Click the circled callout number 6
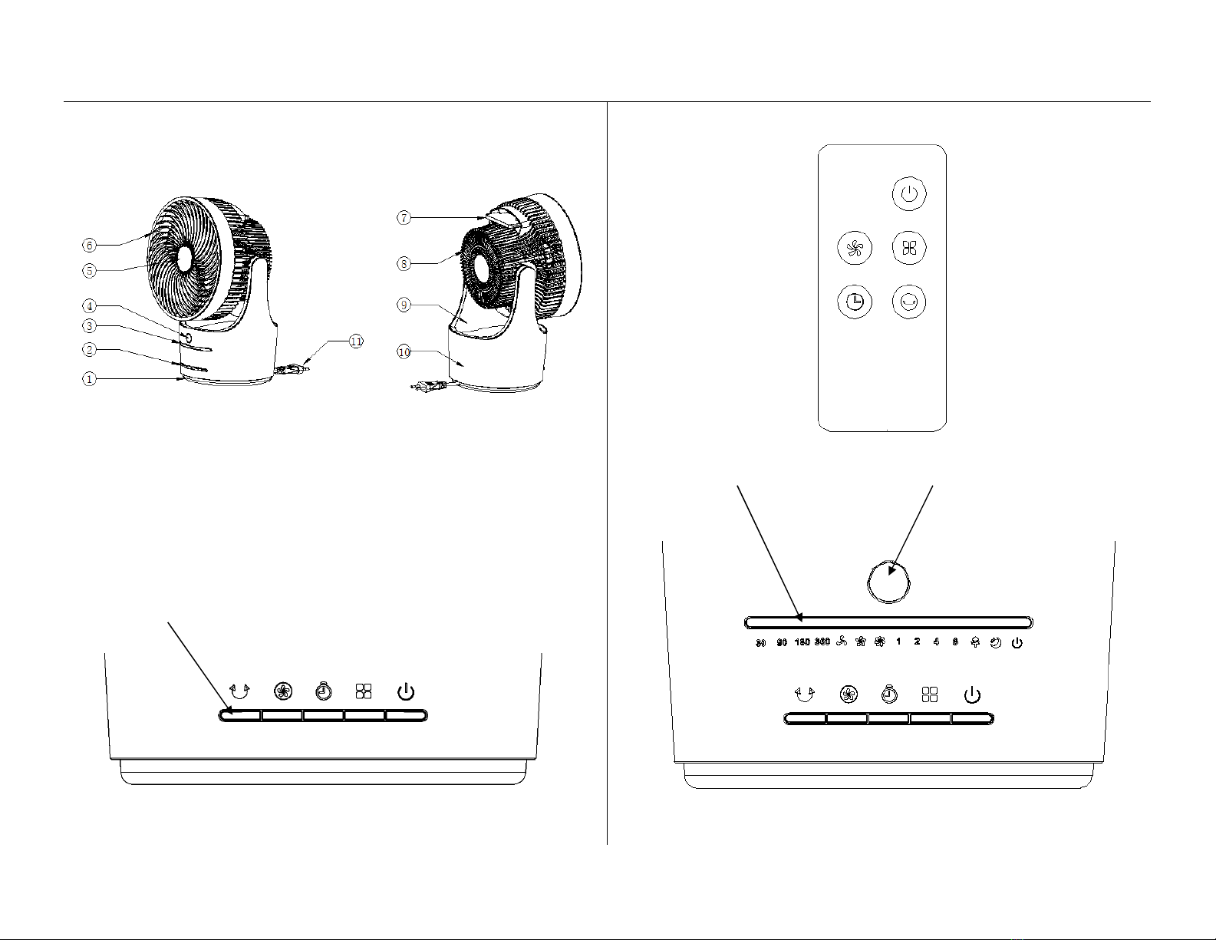(90, 246)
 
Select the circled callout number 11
(356, 341)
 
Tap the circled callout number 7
(404, 218)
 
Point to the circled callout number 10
(404, 352)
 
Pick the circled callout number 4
(90, 306)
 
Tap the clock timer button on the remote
(854, 302)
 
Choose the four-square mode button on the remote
(909, 248)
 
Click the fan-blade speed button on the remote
(854, 248)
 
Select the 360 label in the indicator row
(822, 642)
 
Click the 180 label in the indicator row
(802, 642)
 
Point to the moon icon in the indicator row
(995, 642)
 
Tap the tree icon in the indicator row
(975, 642)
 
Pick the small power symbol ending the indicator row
(1017, 642)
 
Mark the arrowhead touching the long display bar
(800, 616)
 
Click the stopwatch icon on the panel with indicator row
(888, 695)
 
